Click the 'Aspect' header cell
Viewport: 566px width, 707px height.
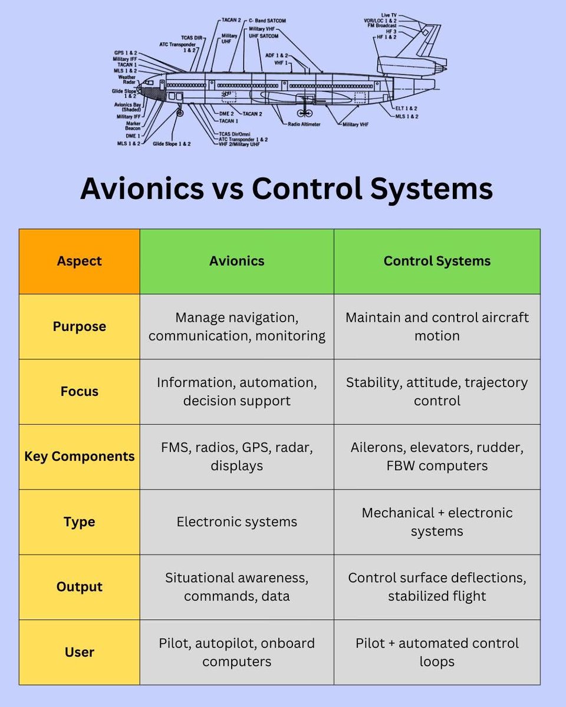(80, 261)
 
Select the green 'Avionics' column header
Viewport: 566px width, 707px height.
(236, 261)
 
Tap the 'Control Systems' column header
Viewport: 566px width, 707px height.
(437, 261)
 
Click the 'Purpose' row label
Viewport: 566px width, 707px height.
(80, 326)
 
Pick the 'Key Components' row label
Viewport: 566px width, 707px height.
(80, 457)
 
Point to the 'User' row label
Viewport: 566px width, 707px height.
(80, 652)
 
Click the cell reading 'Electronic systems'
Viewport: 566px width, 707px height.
(236, 522)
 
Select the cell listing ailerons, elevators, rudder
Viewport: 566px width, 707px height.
(437, 457)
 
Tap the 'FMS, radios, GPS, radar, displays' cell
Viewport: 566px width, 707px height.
(236, 457)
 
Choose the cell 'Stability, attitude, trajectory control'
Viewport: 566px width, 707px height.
(437, 392)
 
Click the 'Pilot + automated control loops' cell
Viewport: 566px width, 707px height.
(437, 652)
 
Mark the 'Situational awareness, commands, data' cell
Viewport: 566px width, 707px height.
(236, 587)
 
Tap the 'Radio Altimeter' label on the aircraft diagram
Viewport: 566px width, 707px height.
(305, 125)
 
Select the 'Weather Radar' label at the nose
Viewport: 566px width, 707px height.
(127, 80)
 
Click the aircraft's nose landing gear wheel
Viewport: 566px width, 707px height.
(180, 112)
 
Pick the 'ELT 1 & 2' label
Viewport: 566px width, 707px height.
(407, 109)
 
